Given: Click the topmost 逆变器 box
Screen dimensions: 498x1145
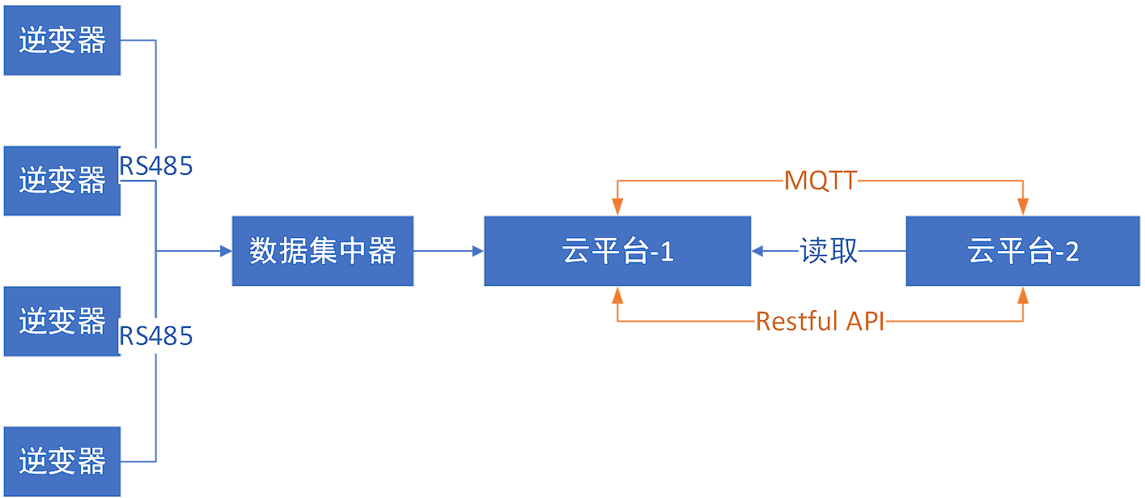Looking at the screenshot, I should click(x=61, y=40).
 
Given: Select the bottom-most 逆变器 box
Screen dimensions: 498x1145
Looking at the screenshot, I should click(x=61, y=461).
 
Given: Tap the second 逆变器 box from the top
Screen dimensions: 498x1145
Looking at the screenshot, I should click(x=61, y=181).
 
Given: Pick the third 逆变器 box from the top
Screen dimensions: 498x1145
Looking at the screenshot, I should click(x=61, y=321).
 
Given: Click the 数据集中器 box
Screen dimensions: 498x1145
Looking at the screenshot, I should click(x=322, y=251).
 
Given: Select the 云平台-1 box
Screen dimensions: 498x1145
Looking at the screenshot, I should click(x=617, y=251).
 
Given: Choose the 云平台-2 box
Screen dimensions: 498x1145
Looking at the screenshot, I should click(x=1022, y=251).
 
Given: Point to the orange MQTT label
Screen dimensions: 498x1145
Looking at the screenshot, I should click(x=820, y=180).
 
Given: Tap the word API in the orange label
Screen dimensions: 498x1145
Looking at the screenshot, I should click(x=865, y=321).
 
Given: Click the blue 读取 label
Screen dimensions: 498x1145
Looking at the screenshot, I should click(x=828, y=251).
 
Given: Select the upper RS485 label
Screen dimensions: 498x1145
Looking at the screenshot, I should click(x=156, y=166).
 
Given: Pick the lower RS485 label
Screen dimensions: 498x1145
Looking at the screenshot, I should click(x=156, y=335).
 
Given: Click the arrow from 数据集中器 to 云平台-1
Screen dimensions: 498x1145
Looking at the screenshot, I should click(x=448, y=251).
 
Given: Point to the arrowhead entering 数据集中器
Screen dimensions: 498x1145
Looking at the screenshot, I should click(x=226, y=251).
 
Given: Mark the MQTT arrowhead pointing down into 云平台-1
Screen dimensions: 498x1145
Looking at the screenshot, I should click(x=617, y=210).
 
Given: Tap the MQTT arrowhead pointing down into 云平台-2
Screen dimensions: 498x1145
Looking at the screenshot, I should click(x=1024, y=210).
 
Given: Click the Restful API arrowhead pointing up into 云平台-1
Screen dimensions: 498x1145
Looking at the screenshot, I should click(x=617, y=293).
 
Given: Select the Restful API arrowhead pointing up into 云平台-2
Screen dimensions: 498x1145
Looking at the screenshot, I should click(x=1024, y=293).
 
